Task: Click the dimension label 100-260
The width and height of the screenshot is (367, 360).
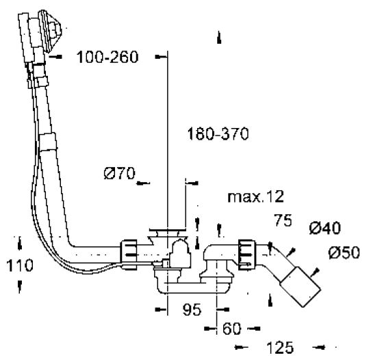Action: [x=107, y=57]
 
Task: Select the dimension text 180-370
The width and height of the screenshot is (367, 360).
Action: [x=218, y=133]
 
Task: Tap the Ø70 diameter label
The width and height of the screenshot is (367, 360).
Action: [x=120, y=173]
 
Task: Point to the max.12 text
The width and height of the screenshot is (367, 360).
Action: [x=255, y=196]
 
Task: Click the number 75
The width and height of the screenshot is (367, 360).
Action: [x=283, y=220]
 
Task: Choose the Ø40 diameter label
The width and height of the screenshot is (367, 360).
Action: [x=325, y=228]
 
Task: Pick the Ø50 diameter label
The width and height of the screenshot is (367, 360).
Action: [x=344, y=253]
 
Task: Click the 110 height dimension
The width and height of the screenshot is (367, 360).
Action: [x=20, y=266]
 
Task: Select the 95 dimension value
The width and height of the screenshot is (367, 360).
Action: [x=192, y=309]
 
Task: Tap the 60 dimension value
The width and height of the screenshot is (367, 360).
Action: [x=231, y=329]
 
